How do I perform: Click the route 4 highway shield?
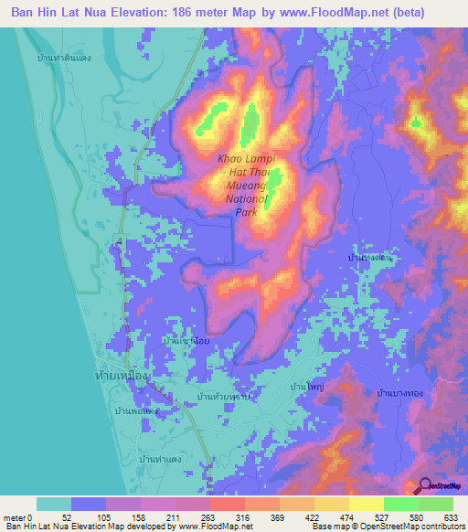pos(119,239)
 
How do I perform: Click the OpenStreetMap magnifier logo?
pos(426,486)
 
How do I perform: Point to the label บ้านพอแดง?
pos(137,411)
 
